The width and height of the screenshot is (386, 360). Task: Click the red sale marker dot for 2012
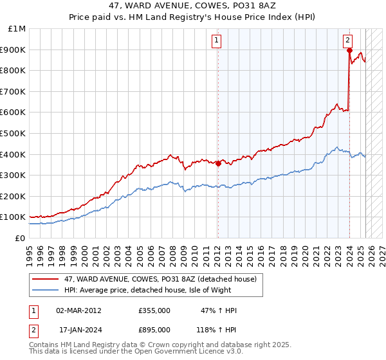tap(217, 163)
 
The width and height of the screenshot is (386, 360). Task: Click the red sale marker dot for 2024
tap(349, 50)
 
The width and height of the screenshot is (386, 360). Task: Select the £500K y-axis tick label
tap(14, 133)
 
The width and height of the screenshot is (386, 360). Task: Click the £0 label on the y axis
tap(20, 238)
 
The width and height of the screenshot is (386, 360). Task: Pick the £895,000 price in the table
tap(154, 329)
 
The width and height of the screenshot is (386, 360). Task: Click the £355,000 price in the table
tap(154, 310)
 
